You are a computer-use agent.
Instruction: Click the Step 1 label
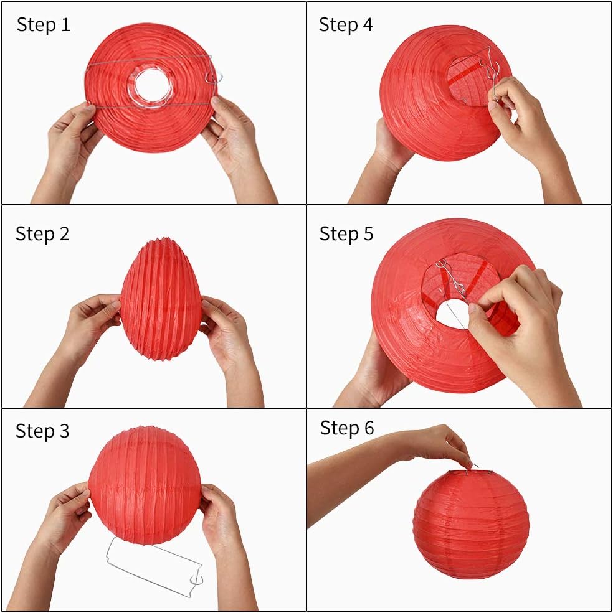(43, 25)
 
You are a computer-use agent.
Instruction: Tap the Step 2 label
(42, 234)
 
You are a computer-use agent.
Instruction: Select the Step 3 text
(42, 431)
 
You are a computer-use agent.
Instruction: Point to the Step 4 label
(346, 25)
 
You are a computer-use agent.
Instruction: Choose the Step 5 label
(346, 234)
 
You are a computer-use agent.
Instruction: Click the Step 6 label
(347, 428)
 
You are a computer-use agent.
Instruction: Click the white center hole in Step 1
(151, 86)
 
